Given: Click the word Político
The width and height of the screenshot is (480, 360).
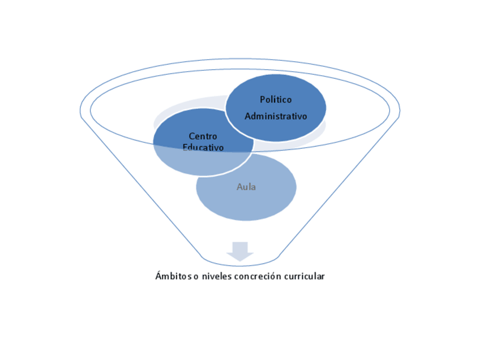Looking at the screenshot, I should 276,100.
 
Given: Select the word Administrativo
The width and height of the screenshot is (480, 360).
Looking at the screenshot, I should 276,117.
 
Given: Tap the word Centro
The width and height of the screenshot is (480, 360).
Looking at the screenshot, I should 203,136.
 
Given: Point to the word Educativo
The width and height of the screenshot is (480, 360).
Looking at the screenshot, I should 203,148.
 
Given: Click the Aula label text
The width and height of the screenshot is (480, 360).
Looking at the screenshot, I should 246,187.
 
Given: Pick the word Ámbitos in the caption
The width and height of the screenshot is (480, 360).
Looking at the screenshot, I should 173,276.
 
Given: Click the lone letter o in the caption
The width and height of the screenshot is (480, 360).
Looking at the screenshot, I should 196,277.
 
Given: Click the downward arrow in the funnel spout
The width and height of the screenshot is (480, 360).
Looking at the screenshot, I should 240,251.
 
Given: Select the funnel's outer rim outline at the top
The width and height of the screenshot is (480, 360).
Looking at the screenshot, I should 240,59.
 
